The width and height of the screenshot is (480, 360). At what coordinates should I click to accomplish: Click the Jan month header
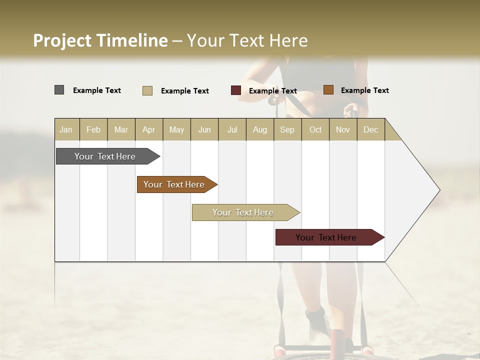[66, 129]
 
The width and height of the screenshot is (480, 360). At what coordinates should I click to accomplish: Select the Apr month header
[148, 129]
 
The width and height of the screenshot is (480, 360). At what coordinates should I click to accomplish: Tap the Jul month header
[232, 129]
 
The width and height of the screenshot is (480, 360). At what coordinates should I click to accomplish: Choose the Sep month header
[287, 129]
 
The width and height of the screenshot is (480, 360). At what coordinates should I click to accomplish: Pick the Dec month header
[370, 129]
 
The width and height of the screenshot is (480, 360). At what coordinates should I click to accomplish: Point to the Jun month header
[204, 129]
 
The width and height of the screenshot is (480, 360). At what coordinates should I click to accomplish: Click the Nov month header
[342, 129]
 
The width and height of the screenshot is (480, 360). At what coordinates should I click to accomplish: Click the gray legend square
[59, 90]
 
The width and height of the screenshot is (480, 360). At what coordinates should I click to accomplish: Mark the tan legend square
[147, 90]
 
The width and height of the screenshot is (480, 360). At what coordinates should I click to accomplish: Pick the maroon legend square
[235, 90]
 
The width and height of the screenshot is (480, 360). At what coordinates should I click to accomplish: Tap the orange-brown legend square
[328, 90]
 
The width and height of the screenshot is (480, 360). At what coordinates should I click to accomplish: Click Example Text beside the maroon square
[272, 91]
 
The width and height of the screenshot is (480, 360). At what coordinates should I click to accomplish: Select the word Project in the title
[61, 40]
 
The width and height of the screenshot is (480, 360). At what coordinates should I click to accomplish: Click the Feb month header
[93, 129]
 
